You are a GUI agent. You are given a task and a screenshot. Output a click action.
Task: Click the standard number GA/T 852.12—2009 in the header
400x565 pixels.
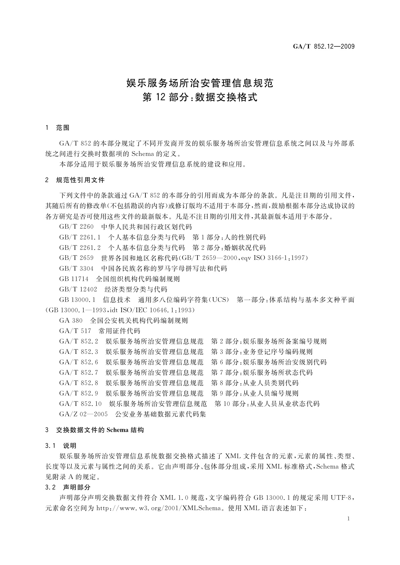click(324, 47)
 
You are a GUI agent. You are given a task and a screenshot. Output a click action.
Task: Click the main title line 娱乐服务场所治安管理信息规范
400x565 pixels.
click(200, 83)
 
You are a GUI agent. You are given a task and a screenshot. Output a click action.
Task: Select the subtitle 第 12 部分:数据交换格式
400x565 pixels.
click(200, 98)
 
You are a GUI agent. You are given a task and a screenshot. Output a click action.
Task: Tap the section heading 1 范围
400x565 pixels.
click(57, 128)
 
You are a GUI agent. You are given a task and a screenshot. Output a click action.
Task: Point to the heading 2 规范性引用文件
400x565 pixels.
click(75, 180)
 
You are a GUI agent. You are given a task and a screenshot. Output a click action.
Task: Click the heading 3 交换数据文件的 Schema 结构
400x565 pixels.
click(94, 430)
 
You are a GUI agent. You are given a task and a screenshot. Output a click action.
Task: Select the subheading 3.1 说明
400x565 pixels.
click(61, 446)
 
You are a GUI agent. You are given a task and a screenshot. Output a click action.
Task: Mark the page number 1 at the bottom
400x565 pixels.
click(349, 519)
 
